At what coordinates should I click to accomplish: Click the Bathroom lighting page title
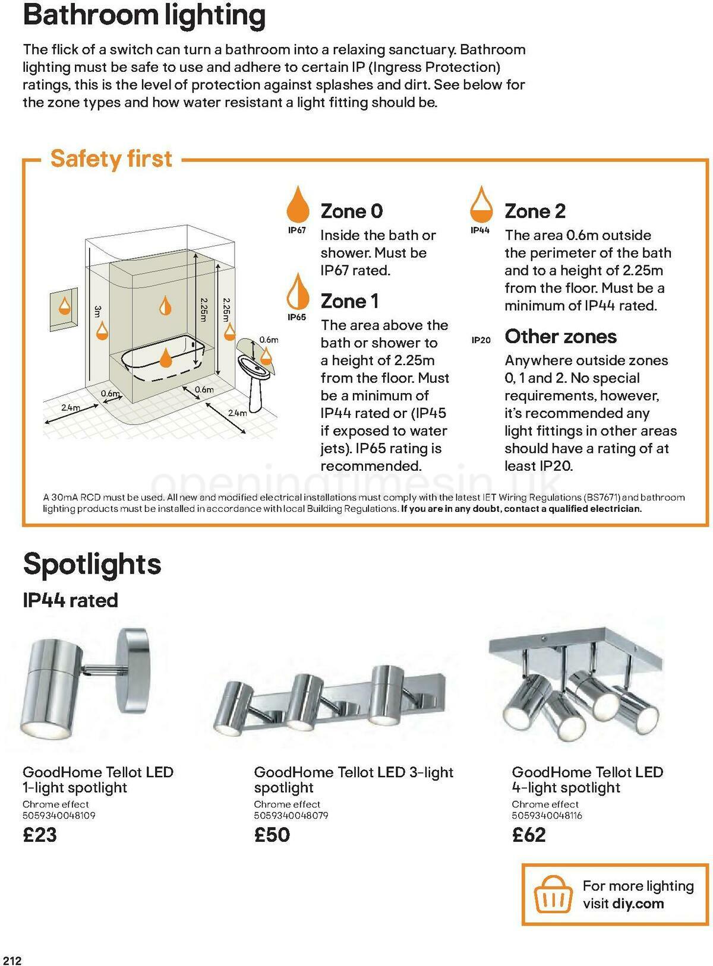pyautogui.click(x=144, y=15)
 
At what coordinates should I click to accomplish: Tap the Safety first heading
pyautogui.click(x=111, y=159)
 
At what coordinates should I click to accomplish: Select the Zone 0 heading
pyautogui.click(x=352, y=211)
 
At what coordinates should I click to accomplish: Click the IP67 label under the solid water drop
pyautogui.click(x=297, y=230)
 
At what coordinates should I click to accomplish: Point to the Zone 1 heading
pyautogui.click(x=349, y=301)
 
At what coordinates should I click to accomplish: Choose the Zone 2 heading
pyautogui.click(x=535, y=211)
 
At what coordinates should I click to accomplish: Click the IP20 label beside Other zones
pyautogui.click(x=481, y=340)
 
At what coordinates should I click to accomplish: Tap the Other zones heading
pyautogui.click(x=560, y=337)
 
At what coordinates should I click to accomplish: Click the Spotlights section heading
pyautogui.click(x=92, y=563)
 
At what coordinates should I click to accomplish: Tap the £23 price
pyautogui.click(x=40, y=835)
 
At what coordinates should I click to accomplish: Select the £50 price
pyautogui.click(x=272, y=835)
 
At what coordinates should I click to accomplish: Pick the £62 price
pyautogui.click(x=529, y=835)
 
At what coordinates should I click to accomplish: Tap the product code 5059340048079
pyautogui.click(x=291, y=816)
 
